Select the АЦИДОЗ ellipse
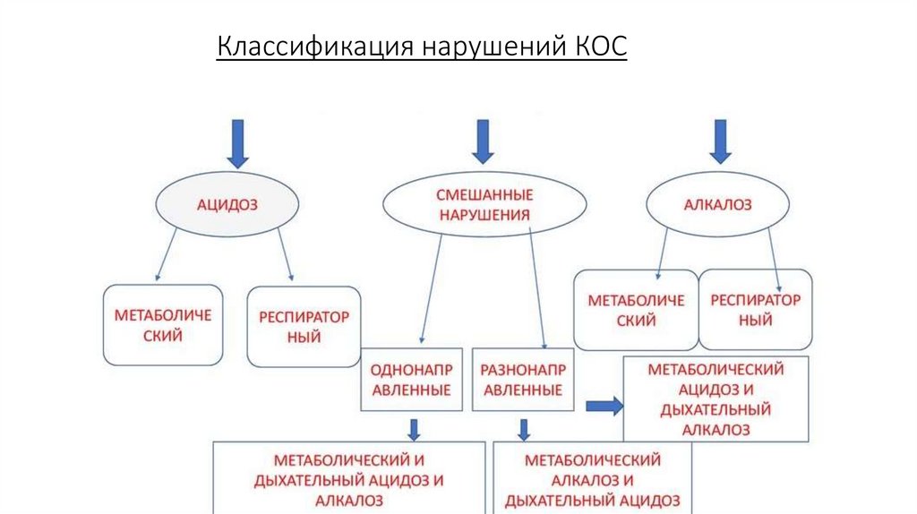(x=227, y=205)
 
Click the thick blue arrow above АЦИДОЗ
(x=237, y=143)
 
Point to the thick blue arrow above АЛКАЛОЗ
(x=719, y=141)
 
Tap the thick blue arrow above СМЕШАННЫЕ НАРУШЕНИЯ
(x=483, y=141)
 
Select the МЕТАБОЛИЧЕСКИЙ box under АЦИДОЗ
(x=162, y=325)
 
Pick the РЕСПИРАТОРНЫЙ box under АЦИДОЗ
(x=303, y=326)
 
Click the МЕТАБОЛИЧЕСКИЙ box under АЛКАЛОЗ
(x=636, y=310)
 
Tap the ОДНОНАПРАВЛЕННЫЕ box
(x=411, y=379)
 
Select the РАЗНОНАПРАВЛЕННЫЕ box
(x=521, y=379)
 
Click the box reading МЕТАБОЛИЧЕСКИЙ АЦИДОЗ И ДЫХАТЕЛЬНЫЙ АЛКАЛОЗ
(x=716, y=399)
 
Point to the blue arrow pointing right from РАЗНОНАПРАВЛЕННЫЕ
(x=604, y=405)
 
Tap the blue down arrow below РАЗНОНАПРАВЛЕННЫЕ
(x=523, y=429)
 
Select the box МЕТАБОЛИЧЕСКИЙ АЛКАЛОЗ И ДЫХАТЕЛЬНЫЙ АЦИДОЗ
(x=592, y=479)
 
